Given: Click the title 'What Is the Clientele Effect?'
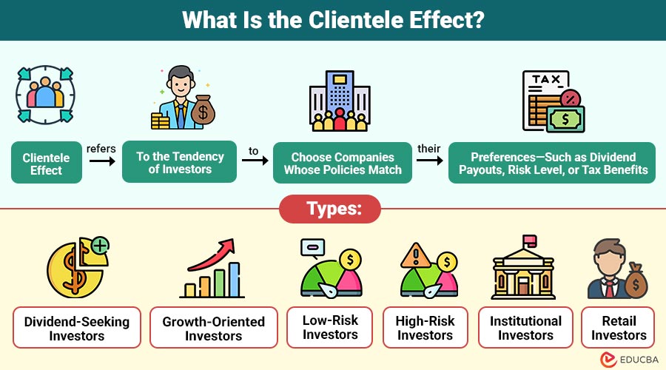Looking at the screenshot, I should (333, 20).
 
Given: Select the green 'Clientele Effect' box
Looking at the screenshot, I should (46, 164).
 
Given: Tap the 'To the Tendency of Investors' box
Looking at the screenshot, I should (180, 163).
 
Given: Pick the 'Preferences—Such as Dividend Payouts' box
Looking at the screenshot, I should (553, 164).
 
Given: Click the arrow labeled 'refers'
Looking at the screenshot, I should (101, 158).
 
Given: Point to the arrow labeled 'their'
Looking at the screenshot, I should (429, 158).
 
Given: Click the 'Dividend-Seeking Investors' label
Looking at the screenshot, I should (77, 328).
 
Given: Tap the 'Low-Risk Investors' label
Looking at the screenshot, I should (330, 327).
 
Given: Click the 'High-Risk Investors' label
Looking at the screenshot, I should (425, 327).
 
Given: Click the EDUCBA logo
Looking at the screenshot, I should (625, 358).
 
